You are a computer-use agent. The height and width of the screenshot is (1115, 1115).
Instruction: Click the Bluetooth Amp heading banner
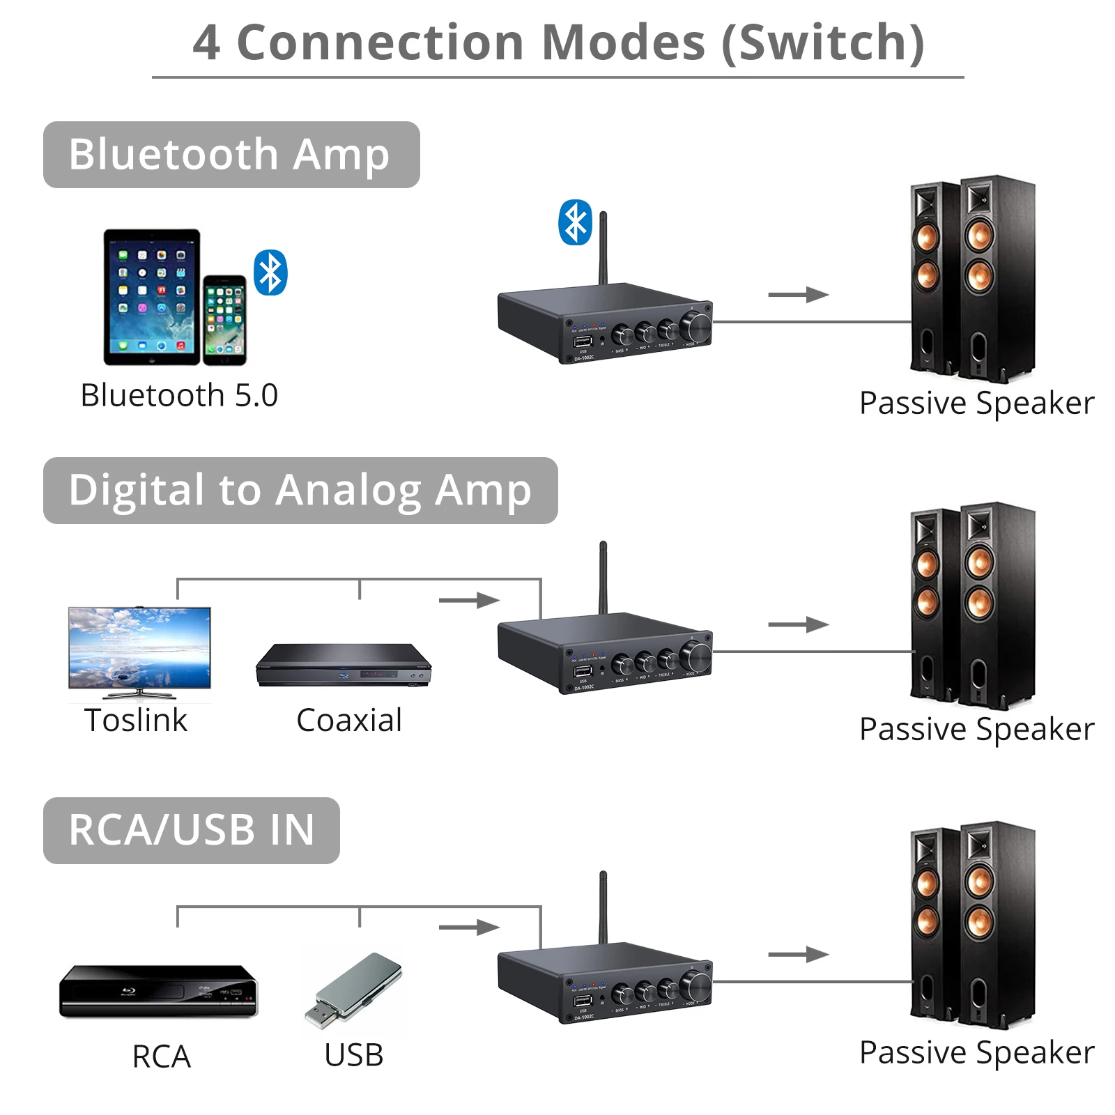(231, 155)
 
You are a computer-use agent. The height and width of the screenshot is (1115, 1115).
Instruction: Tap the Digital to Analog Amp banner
(300, 491)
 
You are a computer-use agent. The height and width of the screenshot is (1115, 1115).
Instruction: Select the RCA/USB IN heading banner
(191, 830)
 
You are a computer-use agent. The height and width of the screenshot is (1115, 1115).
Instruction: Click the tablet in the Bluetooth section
(152, 297)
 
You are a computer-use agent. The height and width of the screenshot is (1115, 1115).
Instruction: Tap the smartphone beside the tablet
(224, 320)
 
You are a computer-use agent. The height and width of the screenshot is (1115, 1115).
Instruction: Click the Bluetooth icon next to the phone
(270, 272)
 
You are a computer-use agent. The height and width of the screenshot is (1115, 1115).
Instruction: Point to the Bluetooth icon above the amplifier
(575, 223)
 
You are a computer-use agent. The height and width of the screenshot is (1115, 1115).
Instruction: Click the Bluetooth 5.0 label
(179, 396)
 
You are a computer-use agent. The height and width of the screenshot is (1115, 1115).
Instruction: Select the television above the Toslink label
(139, 649)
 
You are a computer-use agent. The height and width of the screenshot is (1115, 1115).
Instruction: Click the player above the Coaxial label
(344, 666)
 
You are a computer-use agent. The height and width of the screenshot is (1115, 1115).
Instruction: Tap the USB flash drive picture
(353, 990)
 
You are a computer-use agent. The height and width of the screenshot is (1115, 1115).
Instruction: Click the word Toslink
(136, 721)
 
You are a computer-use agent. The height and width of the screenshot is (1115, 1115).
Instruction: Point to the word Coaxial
(349, 721)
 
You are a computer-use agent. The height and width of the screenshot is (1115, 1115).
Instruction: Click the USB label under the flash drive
(353, 1056)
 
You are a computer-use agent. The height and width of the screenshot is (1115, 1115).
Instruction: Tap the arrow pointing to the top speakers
(798, 295)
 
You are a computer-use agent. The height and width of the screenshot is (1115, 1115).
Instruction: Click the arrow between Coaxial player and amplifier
(469, 599)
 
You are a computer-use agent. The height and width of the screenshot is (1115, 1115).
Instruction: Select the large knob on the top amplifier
(695, 325)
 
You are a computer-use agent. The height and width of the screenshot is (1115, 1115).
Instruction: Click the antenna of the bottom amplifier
(603, 906)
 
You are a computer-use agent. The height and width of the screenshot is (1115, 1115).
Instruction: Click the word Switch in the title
(822, 43)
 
